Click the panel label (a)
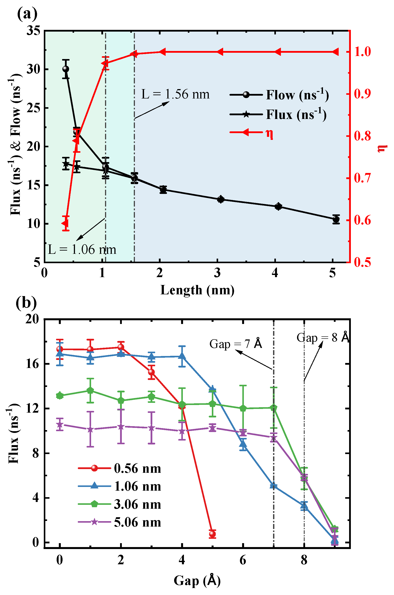pyautogui.click(x=27, y=14)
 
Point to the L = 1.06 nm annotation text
pyautogui.click(x=82, y=250)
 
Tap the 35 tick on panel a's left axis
pyautogui.click(x=33, y=31)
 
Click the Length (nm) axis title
pyautogui.click(x=197, y=290)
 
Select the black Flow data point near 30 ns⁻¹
pyautogui.click(x=66, y=69)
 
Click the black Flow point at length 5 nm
pyautogui.click(x=336, y=219)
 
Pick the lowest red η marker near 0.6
pyautogui.click(x=65, y=223)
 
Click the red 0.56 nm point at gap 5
pyautogui.click(x=212, y=534)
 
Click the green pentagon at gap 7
pyautogui.click(x=274, y=408)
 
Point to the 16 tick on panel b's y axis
pyautogui.click(x=32, y=364)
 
